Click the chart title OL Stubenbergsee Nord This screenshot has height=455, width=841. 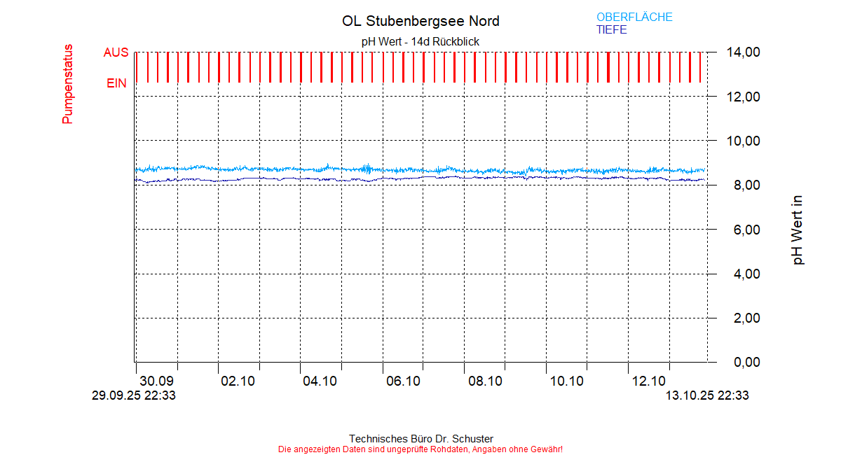420,21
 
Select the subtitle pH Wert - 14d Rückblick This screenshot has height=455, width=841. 420,41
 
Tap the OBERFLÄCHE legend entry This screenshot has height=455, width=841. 634,17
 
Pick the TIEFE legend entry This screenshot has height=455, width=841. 611,30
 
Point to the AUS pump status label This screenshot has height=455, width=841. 116,52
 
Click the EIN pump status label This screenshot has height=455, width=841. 116,83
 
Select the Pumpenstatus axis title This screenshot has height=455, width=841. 67,84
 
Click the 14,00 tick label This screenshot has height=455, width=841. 743,52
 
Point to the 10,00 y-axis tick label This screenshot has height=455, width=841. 743,141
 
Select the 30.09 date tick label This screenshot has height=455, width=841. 156,381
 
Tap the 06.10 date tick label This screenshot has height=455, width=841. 403,381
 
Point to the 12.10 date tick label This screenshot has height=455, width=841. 648,381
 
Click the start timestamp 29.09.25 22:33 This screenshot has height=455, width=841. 134,395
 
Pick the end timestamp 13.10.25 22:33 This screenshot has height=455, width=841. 706,395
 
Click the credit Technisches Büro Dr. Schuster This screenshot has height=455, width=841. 420,439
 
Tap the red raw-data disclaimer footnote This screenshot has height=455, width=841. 420,449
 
